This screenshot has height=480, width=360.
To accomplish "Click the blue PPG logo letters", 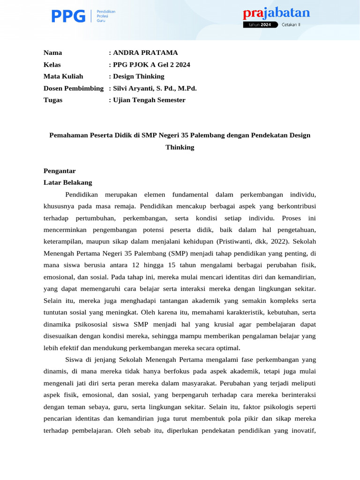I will (68, 16).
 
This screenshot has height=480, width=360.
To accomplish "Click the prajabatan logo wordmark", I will (276, 13).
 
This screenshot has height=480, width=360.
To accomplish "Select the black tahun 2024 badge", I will (260, 25).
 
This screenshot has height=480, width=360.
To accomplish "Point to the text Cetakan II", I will (291, 25).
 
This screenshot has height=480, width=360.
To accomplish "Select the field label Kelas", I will (52, 65).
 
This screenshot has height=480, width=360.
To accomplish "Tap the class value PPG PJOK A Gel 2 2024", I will (151, 65).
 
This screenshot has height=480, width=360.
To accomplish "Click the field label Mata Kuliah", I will (63, 76).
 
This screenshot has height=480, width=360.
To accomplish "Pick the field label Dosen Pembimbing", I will (74, 88).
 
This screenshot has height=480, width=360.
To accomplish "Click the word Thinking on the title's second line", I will (180, 147).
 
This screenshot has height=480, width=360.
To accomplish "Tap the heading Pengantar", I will (60, 171).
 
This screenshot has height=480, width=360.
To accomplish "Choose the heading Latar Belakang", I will (68, 182).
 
